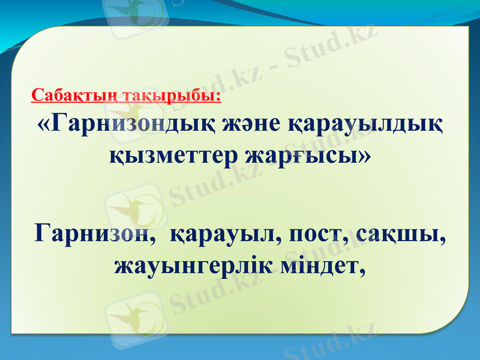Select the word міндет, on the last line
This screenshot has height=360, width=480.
click(x=323, y=265)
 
